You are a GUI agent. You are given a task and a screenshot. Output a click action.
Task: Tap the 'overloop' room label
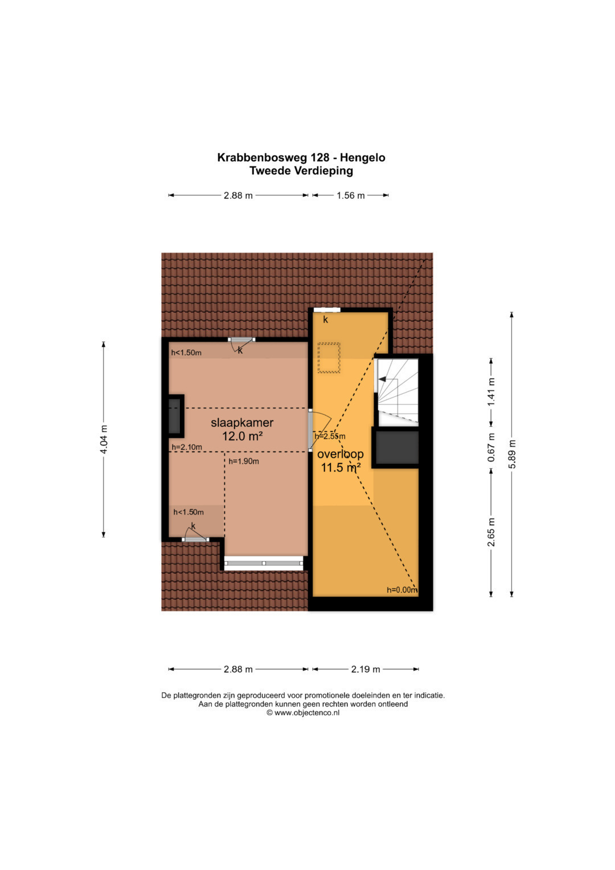point(340,454)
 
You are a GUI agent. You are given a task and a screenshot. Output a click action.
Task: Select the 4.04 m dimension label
point(103,439)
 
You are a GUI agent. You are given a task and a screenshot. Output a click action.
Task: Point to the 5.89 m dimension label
point(512,454)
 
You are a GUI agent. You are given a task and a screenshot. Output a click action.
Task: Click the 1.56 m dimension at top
point(351,195)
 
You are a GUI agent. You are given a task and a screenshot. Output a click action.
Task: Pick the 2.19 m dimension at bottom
point(366,669)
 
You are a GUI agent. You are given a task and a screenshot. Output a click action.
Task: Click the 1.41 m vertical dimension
point(491,392)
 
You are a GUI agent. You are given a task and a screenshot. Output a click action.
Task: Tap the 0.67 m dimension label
point(491,447)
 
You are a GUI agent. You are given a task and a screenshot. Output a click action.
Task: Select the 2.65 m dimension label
point(491,532)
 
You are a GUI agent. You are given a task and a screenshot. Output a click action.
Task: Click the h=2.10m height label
point(187,447)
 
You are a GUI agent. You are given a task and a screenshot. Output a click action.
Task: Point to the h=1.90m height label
point(244,461)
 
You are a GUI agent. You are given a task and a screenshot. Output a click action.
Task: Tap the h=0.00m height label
point(402,590)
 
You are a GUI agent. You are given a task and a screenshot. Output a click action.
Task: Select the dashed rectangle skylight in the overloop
point(329,358)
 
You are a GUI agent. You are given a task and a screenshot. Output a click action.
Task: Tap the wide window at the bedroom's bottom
point(264,563)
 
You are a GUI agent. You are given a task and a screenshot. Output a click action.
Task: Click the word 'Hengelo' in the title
point(363,158)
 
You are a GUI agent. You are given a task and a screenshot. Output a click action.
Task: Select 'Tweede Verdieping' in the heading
point(301,171)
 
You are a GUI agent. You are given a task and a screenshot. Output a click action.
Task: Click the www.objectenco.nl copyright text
point(303,713)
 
